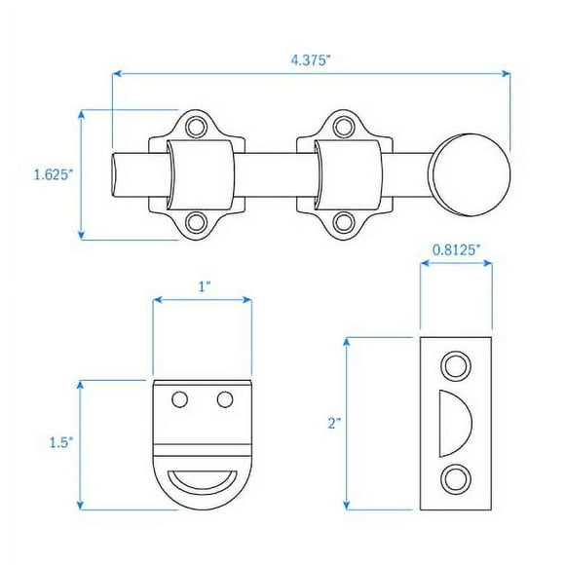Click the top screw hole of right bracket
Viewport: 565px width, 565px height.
tap(343, 127)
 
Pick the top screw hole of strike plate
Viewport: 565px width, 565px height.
tap(454, 365)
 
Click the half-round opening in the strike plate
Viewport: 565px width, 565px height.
tap(454, 422)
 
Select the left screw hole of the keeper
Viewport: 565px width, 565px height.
tap(179, 399)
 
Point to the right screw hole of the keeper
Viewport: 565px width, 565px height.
tap(225, 399)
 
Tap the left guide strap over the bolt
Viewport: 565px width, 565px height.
tap(201, 174)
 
